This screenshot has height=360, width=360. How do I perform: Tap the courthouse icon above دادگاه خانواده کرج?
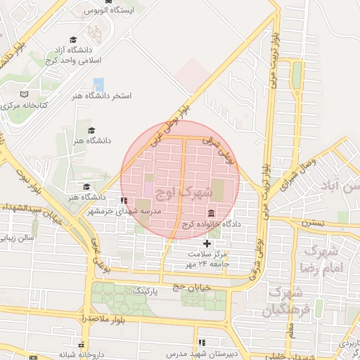pyautogui.click(x=211, y=213)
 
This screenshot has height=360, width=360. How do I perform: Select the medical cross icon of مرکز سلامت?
pyautogui.click(x=206, y=243)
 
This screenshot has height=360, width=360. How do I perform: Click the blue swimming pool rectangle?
pyautogui.click(x=98, y=84)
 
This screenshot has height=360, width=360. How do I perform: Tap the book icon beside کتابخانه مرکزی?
pyautogui.click(x=25, y=94)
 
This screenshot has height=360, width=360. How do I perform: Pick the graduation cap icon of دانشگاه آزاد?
pyautogui.click(x=73, y=39)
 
